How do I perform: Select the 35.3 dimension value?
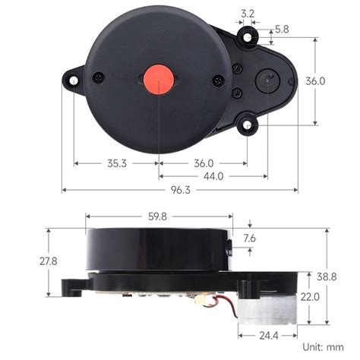[116, 163]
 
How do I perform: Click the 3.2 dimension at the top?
[247, 13]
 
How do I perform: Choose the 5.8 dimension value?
[281, 29]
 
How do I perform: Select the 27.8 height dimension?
[31, 261]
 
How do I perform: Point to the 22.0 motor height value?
[310, 297]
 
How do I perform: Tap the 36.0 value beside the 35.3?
[204, 163]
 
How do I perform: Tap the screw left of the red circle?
[98, 77]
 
